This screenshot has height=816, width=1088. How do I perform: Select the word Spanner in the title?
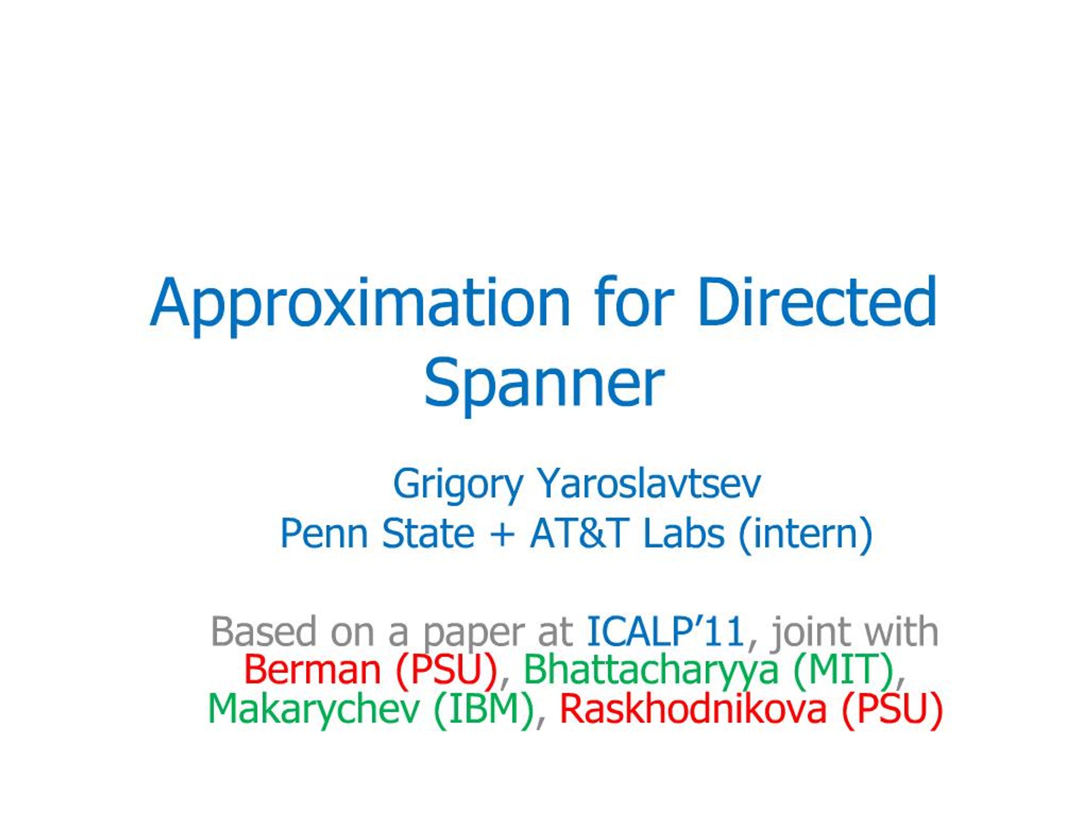click(544, 386)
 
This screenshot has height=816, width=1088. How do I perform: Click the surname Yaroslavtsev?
click(649, 484)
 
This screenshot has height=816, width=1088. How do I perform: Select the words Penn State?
click(377, 534)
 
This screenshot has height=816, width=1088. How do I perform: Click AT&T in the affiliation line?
click(579, 534)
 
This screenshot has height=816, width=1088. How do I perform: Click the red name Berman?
click(312, 670)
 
